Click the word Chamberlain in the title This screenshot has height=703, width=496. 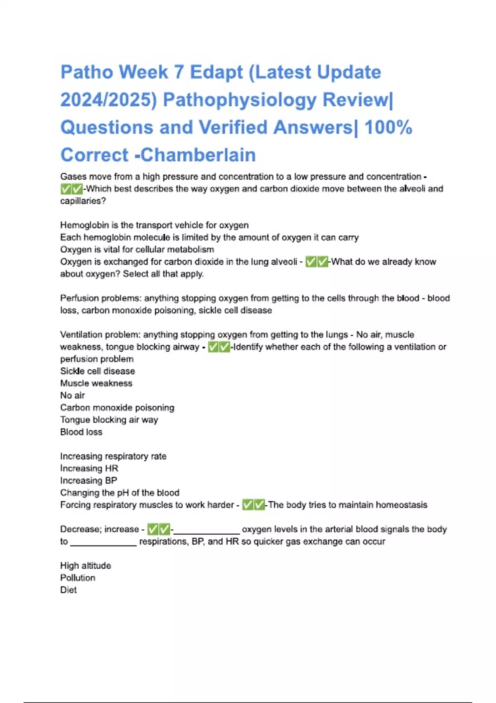click(x=198, y=155)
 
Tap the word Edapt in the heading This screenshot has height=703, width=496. click(x=216, y=72)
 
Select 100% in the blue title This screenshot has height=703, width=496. click(x=388, y=127)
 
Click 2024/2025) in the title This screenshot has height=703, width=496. click(x=109, y=100)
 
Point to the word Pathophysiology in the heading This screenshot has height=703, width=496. click(x=240, y=100)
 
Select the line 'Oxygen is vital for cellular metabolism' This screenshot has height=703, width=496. click(x=137, y=249)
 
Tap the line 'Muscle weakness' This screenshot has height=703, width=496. click(x=96, y=383)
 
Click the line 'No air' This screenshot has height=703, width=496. click(x=72, y=395)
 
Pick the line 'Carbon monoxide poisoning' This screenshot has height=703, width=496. click(x=117, y=408)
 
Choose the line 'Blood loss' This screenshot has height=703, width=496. click(x=81, y=432)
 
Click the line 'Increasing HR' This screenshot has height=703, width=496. click(x=89, y=469)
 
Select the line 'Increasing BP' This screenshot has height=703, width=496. click(x=88, y=481)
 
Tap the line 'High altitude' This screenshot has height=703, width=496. click(x=86, y=566)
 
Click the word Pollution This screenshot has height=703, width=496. click(x=78, y=578)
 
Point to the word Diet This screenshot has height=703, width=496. click(x=68, y=590)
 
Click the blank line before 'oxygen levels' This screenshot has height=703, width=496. click(x=206, y=531)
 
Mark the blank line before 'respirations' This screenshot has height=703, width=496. click(x=103, y=544)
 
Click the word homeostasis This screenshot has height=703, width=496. click(x=401, y=505)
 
